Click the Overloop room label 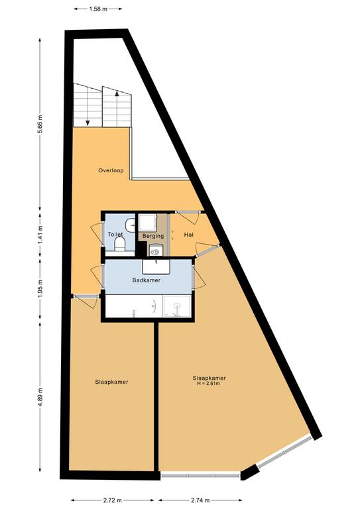click(111, 170)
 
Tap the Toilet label click(115, 235)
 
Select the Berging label click(153, 236)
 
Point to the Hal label click(188, 235)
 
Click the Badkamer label click(146, 280)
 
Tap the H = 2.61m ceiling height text click(209, 384)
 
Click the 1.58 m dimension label click(98, 9)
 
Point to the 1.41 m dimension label click(40, 235)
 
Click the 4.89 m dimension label click(40, 397)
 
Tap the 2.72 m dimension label click(113, 500)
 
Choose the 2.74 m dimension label click(200, 500)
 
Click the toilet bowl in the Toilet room click(119, 244)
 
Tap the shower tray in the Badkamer click(177, 306)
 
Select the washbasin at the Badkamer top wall click(156, 266)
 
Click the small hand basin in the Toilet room click(131, 225)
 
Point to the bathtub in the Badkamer click(134, 306)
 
